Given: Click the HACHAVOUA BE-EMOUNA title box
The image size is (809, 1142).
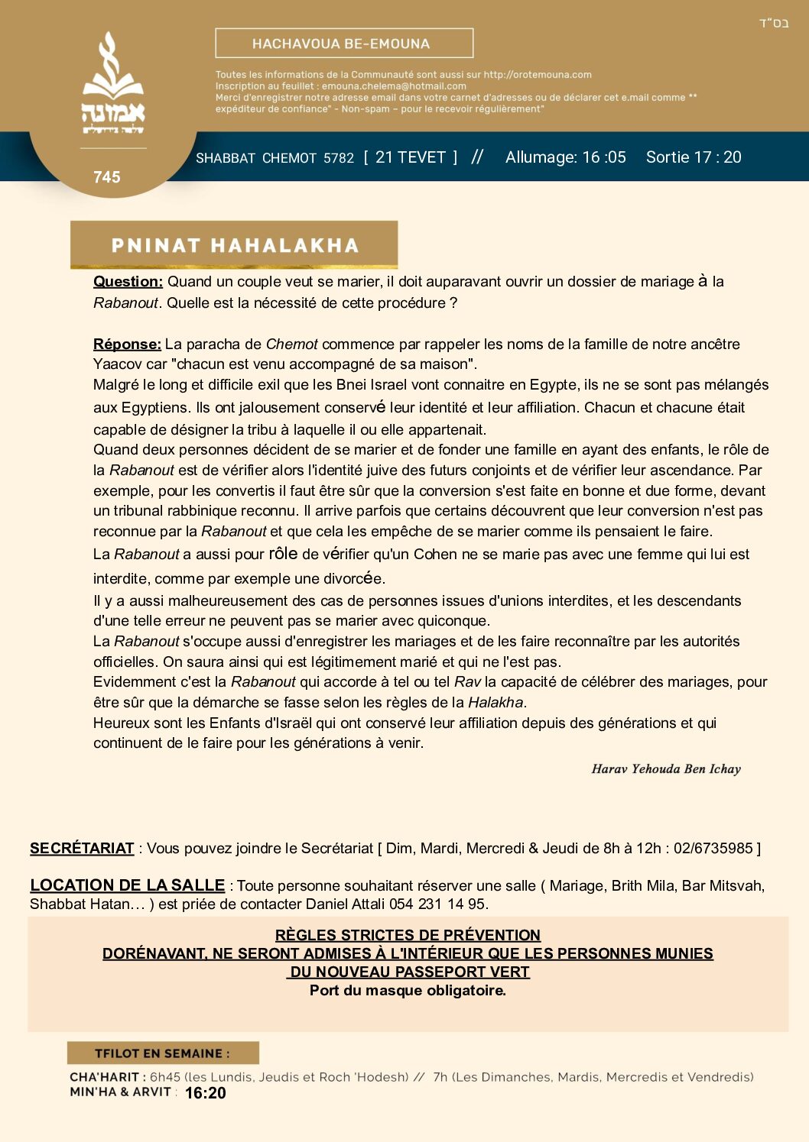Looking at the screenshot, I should pos(344,44).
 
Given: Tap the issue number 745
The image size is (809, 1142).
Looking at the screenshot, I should pos(107,177).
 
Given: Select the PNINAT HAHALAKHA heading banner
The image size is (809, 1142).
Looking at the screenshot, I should pos(234,245).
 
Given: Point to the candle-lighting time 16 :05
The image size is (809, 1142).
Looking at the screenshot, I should pos(604,157).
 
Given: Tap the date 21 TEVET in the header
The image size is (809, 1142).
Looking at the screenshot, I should pos(411,157).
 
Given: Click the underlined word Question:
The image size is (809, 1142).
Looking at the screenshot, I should pos(128,282).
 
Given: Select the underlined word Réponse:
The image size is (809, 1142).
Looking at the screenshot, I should pos(127,345).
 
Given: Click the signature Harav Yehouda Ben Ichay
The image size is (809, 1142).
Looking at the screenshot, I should pos(666,769).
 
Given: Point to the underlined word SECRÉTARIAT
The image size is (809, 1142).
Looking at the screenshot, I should pos(82,849).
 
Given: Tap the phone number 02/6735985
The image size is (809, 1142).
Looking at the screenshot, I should pos(713,849).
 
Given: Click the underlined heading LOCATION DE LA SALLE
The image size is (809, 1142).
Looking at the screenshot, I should pos(127,885).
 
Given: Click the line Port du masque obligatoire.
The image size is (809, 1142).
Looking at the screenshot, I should pos(408,991).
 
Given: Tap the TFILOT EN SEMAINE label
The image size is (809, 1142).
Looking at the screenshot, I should pos(162,1053).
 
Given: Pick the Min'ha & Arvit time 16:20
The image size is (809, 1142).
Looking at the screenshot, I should pos(205,1093).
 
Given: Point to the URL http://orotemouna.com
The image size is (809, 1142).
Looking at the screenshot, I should pos(538,75).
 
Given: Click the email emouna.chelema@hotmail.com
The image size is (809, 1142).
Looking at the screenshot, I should pos(394,86).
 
